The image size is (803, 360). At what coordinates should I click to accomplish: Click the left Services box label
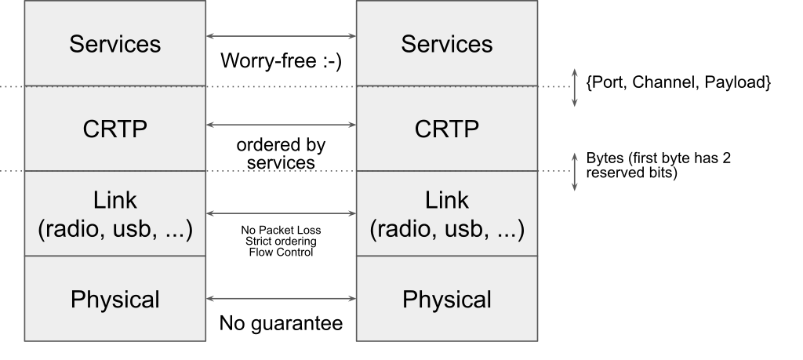click(115, 44)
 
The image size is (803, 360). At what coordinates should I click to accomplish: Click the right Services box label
click(447, 44)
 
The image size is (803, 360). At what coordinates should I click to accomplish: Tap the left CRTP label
click(115, 129)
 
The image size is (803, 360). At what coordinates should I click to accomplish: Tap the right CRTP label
click(447, 129)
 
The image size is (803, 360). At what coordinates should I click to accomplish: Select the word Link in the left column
click(115, 200)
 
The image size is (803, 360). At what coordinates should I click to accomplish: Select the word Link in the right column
click(447, 200)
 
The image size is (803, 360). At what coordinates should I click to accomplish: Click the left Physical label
click(115, 300)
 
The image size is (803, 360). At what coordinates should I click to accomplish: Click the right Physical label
click(447, 300)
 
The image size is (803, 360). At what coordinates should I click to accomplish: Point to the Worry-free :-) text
click(282, 61)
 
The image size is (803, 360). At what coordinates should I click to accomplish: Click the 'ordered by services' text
click(282, 154)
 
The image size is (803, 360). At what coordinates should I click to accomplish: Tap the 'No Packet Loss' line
click(282, 230)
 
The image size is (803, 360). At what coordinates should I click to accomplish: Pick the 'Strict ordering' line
click(282, 242)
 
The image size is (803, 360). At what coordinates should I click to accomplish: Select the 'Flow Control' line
click(282, 252)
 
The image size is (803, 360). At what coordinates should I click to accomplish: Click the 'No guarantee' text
click(282, 323)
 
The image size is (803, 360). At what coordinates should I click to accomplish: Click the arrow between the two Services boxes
click(282, 36)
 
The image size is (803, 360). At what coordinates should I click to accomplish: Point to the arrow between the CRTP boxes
click(282, 125)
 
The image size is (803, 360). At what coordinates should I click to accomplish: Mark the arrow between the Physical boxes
click(282, 299)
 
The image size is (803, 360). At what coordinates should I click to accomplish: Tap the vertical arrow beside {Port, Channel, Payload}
click(575, 88)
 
